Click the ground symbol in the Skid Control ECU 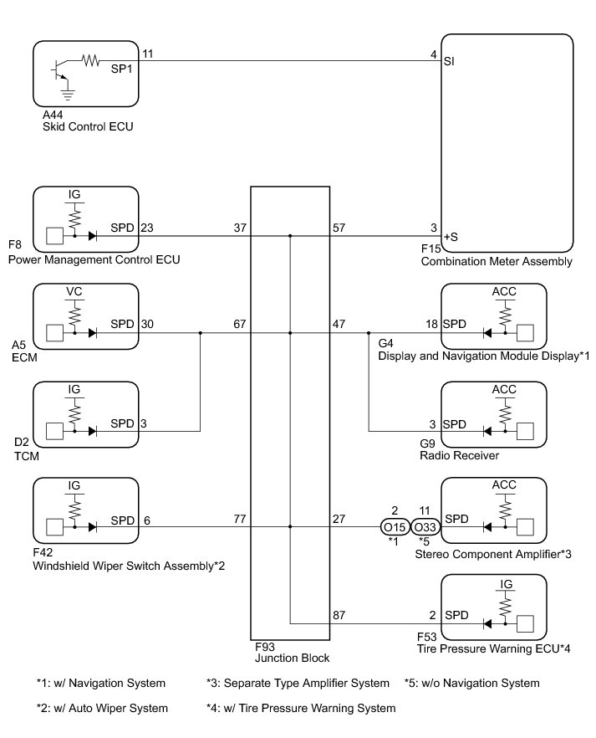(x=69, y=95)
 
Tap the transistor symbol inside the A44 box (x=59, y=69)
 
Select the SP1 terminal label (x=122, y=69)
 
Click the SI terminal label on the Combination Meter (x=449, y=61)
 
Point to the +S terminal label (x=451, y=237)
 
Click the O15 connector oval (x=395, y=527)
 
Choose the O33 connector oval (x=425, y=527)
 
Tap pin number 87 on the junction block (x=339, y=615)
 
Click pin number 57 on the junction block (x=339, y=228)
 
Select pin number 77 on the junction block (x=240, y=519)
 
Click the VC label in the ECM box (x=74, y=291)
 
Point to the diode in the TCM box (x=92, y=431)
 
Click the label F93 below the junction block (x=265, y=647)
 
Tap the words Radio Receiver (x=459, y=455)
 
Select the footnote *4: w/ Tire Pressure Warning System (x=301, y=708)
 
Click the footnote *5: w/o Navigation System (x=472, y=683)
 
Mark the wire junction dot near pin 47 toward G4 (x=369, y=333)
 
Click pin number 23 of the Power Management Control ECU (x=147, y=228)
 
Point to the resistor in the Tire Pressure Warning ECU (x=505, y=605)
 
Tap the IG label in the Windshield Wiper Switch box (x=74, y=485)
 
